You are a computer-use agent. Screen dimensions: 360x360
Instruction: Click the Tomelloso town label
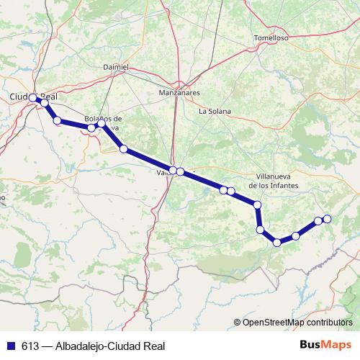[x=271, y=37]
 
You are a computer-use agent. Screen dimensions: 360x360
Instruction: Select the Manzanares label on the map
[x=178, y=94]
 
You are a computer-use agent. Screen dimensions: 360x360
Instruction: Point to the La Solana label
[x=214, y=111]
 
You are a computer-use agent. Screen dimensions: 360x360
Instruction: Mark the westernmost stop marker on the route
[x=33, y=98]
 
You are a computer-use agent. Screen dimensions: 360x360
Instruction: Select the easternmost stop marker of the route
[x=327, y=218]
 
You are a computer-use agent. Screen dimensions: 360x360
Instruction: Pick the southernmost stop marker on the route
[x=276, y=242]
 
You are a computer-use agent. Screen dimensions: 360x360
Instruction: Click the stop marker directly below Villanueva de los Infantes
[x=257, y=204]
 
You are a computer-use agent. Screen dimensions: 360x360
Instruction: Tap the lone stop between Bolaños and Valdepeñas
[x=124, y=149]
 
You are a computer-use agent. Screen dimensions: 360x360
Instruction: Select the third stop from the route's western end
[x=57, y=120]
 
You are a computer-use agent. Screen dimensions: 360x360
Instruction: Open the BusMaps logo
[x=325, y=345]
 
